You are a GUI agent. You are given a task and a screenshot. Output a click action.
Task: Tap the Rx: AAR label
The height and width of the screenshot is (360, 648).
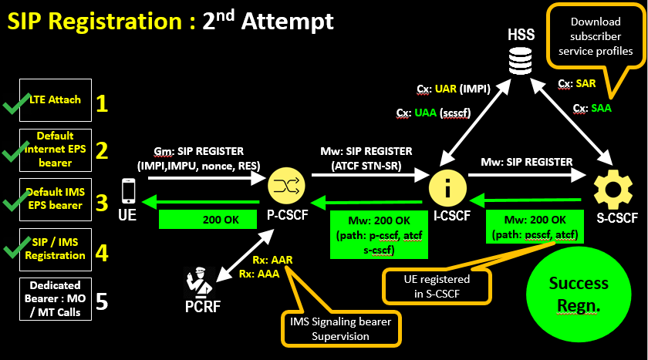271,260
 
